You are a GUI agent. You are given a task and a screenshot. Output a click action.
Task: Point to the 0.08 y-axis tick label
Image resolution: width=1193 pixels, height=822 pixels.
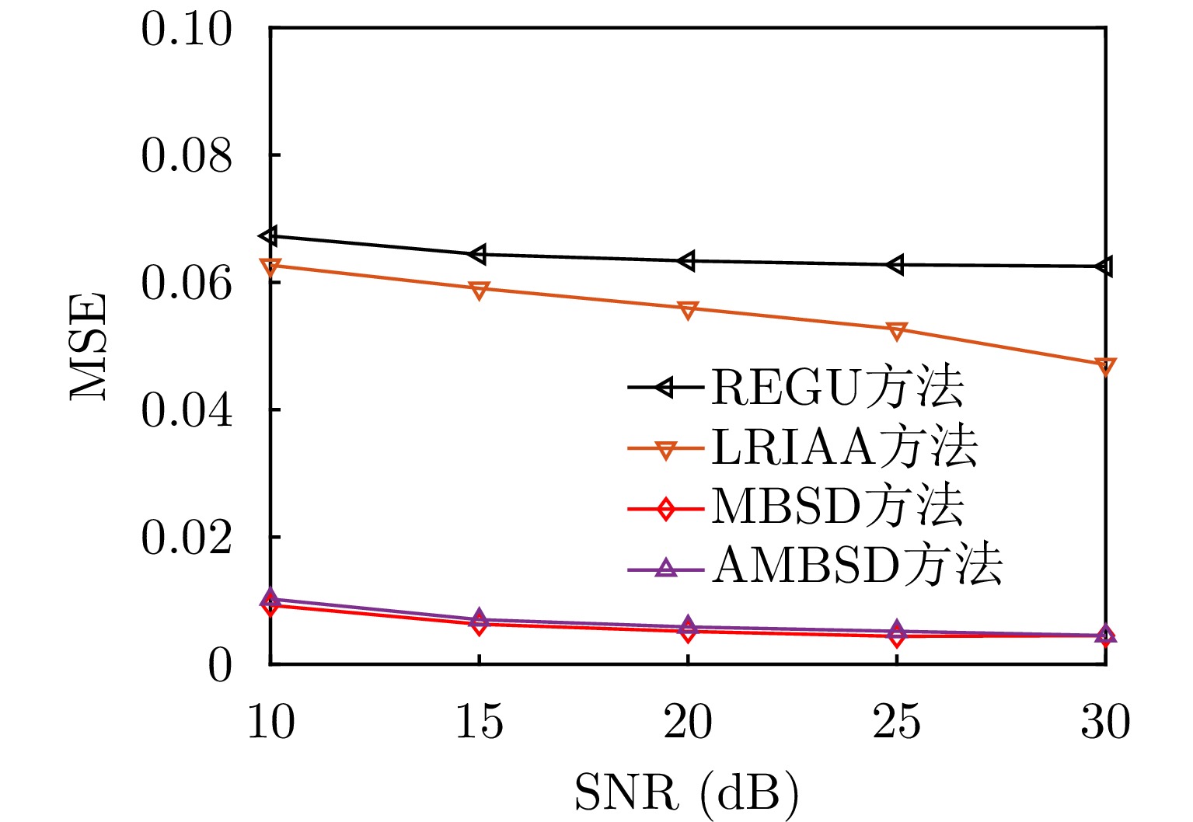click(187, 155)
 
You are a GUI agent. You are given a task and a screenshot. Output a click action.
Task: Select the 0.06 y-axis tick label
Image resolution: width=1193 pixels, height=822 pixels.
click(187, 283)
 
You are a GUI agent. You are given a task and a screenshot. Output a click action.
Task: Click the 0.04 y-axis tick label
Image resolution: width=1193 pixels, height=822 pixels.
click(187, 410)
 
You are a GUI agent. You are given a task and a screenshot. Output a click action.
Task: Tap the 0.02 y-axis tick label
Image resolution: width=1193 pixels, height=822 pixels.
click(187, 538)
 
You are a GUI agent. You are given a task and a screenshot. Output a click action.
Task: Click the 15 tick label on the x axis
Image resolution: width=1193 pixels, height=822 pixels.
click(479, 723)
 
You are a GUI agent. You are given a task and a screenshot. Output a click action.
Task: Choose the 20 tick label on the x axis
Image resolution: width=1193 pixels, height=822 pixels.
click(688, 723)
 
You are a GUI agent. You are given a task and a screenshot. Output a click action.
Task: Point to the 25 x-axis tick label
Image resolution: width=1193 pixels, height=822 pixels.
click(896, 723)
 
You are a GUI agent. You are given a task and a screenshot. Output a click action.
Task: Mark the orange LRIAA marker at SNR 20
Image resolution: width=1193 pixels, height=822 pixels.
click(688, 310)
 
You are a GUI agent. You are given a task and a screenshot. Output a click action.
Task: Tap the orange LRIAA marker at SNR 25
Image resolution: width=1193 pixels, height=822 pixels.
click(896, 331)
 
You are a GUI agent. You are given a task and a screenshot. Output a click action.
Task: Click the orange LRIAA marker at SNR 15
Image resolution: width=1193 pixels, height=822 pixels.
click(479, 290)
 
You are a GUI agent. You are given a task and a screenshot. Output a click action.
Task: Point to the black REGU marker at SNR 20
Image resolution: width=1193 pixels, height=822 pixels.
click(686, 261)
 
